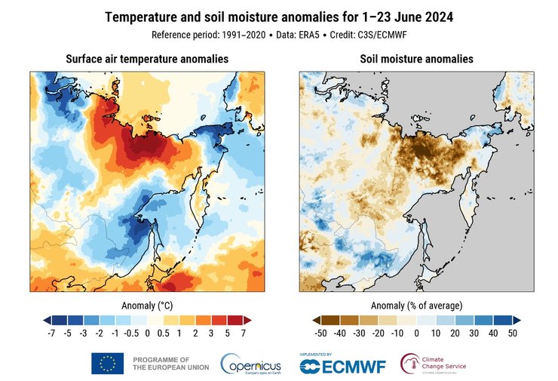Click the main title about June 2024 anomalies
click(278, 17)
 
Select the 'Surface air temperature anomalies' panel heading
click(147, 59)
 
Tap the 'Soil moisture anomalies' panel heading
click(416, 59)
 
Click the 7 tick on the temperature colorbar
click(244, 333)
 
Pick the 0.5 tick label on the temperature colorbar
click(164, 333)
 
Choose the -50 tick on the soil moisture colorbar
click(320, 333)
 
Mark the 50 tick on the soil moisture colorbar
click(513, 333)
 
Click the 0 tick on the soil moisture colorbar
click(417, 333)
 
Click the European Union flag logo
click(108, 363)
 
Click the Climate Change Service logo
click(434, 364)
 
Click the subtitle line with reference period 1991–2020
click(278, 35)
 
